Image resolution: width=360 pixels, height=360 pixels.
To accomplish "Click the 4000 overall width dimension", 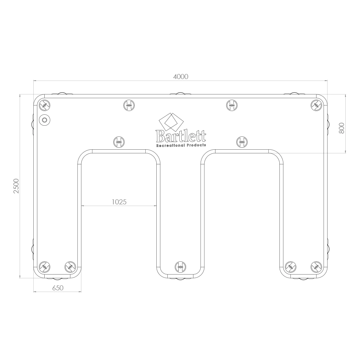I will point(181,76).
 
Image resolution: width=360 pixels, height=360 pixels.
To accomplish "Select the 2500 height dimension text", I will point(16,186).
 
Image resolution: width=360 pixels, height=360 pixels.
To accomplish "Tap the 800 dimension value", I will point(341,128).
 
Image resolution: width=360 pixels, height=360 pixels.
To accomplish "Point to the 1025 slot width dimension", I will point(119,202).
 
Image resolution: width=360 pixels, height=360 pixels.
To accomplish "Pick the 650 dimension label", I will point(58,288).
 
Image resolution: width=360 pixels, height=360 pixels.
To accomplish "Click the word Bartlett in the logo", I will point(181,136).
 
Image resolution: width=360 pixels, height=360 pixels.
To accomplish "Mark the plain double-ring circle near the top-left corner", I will point(44,120).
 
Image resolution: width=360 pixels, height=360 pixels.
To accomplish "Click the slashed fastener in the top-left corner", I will point(44,106).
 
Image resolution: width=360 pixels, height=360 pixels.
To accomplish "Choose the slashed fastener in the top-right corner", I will point(316,105).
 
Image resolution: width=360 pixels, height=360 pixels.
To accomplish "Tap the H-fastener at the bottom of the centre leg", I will point(180,266).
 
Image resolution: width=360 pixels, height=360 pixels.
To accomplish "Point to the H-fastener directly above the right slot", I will point(242,142).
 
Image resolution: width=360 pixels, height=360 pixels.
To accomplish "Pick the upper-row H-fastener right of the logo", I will point(232,105).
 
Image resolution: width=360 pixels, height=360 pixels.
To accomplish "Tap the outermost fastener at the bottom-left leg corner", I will point(44,266).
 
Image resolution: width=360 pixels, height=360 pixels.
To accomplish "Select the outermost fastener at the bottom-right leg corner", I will point(316,266).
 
